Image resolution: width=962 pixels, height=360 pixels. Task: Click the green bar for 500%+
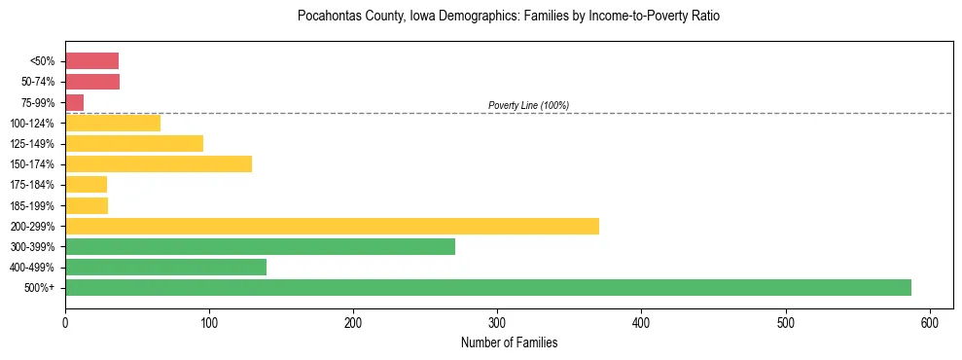point(487,288)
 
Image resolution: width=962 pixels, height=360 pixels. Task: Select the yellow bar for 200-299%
point(332,226)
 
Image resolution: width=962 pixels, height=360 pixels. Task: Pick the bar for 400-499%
point(165,268)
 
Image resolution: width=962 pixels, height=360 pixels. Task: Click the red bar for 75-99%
point(74,102)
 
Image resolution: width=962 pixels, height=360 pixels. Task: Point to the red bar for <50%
point(91,61)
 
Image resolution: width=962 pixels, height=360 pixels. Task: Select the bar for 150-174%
point(159,164)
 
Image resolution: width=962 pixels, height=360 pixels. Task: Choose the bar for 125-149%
point(134,144)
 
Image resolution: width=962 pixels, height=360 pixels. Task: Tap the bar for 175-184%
point(86,185)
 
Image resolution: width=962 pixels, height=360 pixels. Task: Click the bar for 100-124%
point(113,124)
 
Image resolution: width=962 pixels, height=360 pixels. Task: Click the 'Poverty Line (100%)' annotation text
point(528,105)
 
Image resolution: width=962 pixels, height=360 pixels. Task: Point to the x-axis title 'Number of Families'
point(509,342)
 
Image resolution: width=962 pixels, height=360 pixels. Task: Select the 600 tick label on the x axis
point(930,322)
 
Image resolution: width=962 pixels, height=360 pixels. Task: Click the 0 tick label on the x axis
point(65,322)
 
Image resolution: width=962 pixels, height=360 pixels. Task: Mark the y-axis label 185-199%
point(34,205)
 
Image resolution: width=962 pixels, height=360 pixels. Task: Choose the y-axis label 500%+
point(40,288)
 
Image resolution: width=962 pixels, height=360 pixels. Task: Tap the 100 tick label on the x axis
point(209,322)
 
